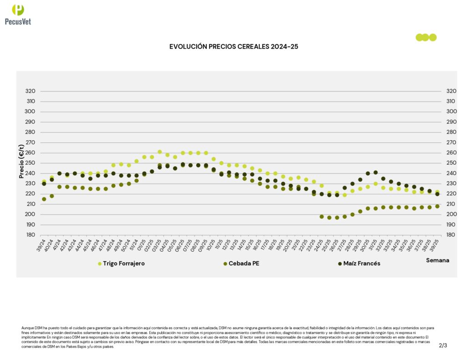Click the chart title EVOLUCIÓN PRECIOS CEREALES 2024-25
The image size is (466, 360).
(x=233, y=46)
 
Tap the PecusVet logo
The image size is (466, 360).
(x=18, y=14)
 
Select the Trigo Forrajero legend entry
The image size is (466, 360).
(x=123, y=264)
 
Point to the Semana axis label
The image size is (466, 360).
(x=437, y=260)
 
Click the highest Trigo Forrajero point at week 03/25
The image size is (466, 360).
(x=160, y=152)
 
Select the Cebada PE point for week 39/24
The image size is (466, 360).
(x=44, y=199)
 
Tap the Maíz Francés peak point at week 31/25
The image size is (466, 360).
(x=375, y=172)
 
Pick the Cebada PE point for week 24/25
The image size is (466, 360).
(x=322, y=217)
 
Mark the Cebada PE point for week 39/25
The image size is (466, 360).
(x=437, y=206)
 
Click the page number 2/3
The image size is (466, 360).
(x=443, y=345)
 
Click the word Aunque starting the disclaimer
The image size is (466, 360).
(x=28, y=328)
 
